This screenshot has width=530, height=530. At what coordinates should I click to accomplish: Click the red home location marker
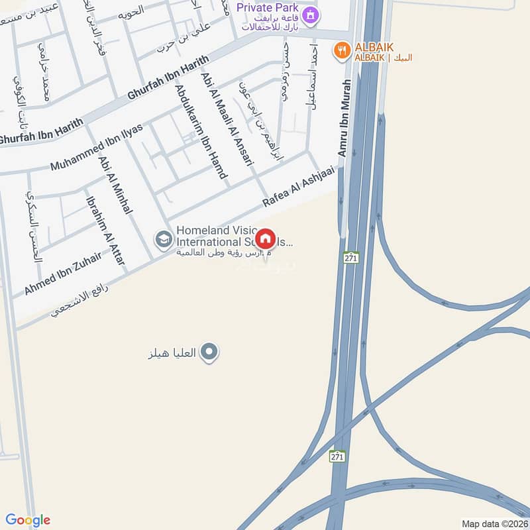(265, 239)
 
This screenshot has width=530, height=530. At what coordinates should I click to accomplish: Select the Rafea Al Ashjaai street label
(292, 189)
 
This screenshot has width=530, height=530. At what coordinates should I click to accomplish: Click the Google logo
(27, 520)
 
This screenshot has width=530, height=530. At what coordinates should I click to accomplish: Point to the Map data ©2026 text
(494, 524)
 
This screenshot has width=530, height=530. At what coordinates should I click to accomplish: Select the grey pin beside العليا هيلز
(209, 352)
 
